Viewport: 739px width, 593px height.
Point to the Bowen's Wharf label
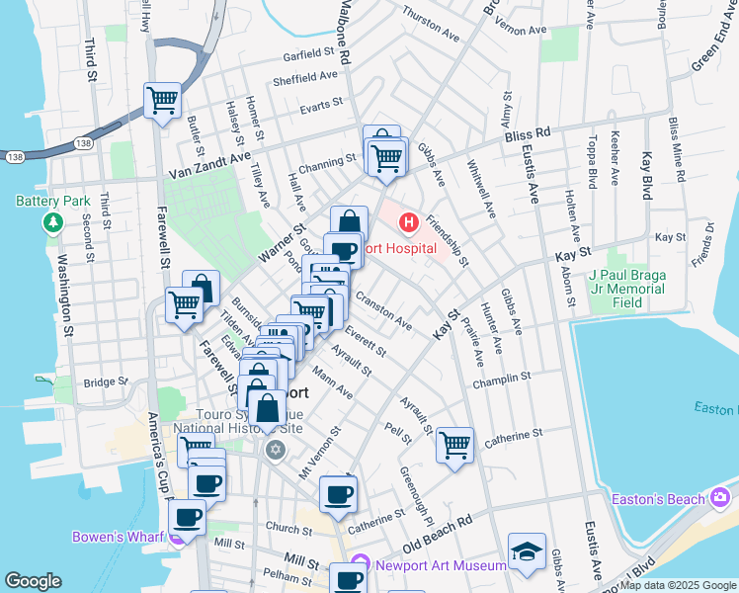(119, 538)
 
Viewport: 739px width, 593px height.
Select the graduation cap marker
(527, 551)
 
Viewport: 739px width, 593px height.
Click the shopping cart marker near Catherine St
(454, 444)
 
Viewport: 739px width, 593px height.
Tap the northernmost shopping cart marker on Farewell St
(162, 100)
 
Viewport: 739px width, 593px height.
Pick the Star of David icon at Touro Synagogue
(275, 451)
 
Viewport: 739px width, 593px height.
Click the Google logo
(33, 581)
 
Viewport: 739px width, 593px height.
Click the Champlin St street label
(502, 378)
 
